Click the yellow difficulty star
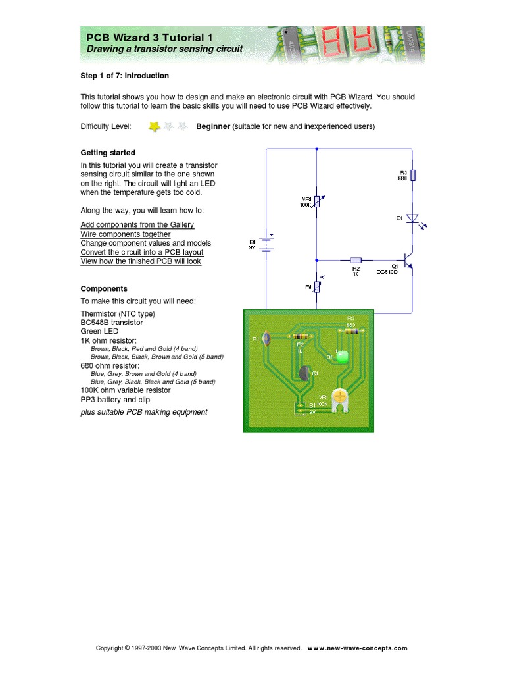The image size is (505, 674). coord(154,126)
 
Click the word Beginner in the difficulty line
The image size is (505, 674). coord(213,126)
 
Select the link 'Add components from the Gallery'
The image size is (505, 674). coord(137,225)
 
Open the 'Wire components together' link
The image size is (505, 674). coord(125,234)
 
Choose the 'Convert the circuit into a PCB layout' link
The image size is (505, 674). coord(141,252)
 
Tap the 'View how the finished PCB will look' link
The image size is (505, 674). coord(141,261)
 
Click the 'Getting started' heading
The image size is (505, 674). coord(108,153)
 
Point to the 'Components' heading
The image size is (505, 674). coord(104,288)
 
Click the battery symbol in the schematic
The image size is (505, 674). coord(266,244)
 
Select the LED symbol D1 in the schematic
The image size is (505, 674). coord(412,219)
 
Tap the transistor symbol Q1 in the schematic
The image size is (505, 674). coord(409,263)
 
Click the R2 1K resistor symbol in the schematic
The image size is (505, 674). coord(356,260)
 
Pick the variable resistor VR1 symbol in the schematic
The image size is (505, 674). coord(317,201)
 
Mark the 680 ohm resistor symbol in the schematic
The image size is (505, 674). coord(412,176)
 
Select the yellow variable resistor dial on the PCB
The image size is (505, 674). coord(340,396)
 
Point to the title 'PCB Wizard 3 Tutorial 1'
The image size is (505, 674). coord(150,38)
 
